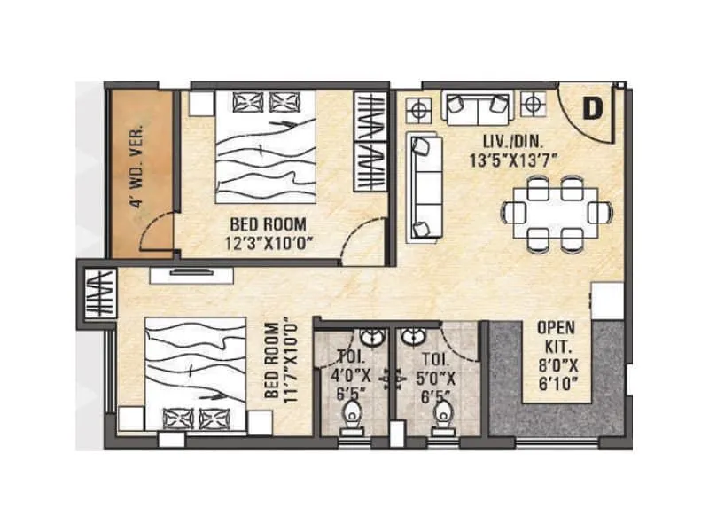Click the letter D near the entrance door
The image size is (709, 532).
point(592,108)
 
